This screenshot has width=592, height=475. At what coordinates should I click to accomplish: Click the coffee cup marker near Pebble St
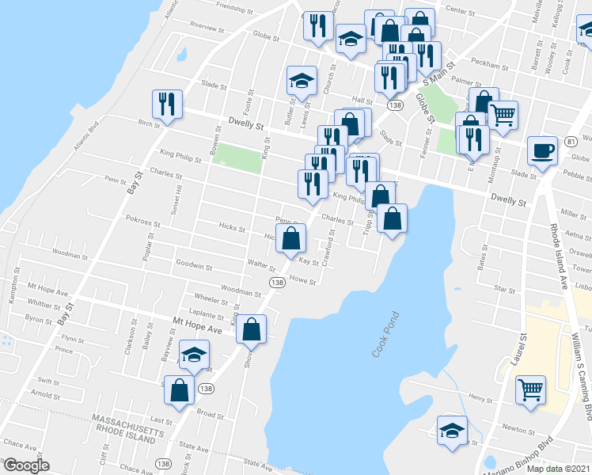543,150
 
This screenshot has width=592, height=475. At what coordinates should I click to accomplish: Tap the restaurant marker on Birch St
168,105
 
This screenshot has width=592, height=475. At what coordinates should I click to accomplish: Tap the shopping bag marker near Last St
180,390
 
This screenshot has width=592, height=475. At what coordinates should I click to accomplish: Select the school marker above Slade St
301,81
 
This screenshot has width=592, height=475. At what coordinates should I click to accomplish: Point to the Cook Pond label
385,334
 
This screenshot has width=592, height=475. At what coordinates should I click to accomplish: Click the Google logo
25,465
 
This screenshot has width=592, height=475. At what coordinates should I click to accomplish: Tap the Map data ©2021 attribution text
559,469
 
